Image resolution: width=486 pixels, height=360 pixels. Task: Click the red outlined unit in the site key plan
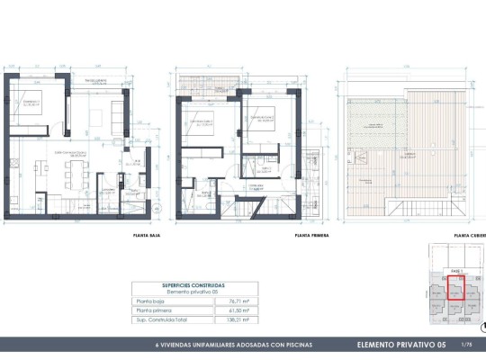pyautogui.click(x=455, y=290)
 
